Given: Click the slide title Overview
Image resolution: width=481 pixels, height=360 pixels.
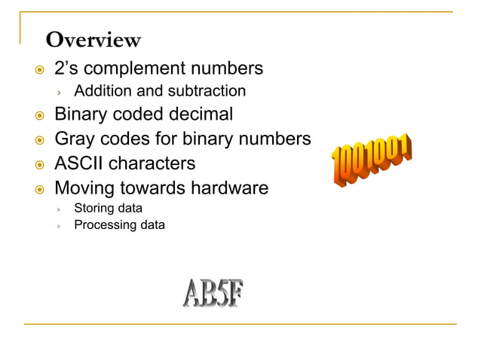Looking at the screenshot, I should coord(93,39).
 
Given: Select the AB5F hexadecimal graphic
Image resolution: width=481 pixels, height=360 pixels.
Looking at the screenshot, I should coord(213,293).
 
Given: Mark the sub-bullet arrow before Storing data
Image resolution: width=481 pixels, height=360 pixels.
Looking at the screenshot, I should coord(60,209).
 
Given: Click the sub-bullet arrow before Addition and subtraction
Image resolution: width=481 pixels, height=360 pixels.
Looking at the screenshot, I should coord(60,92).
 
